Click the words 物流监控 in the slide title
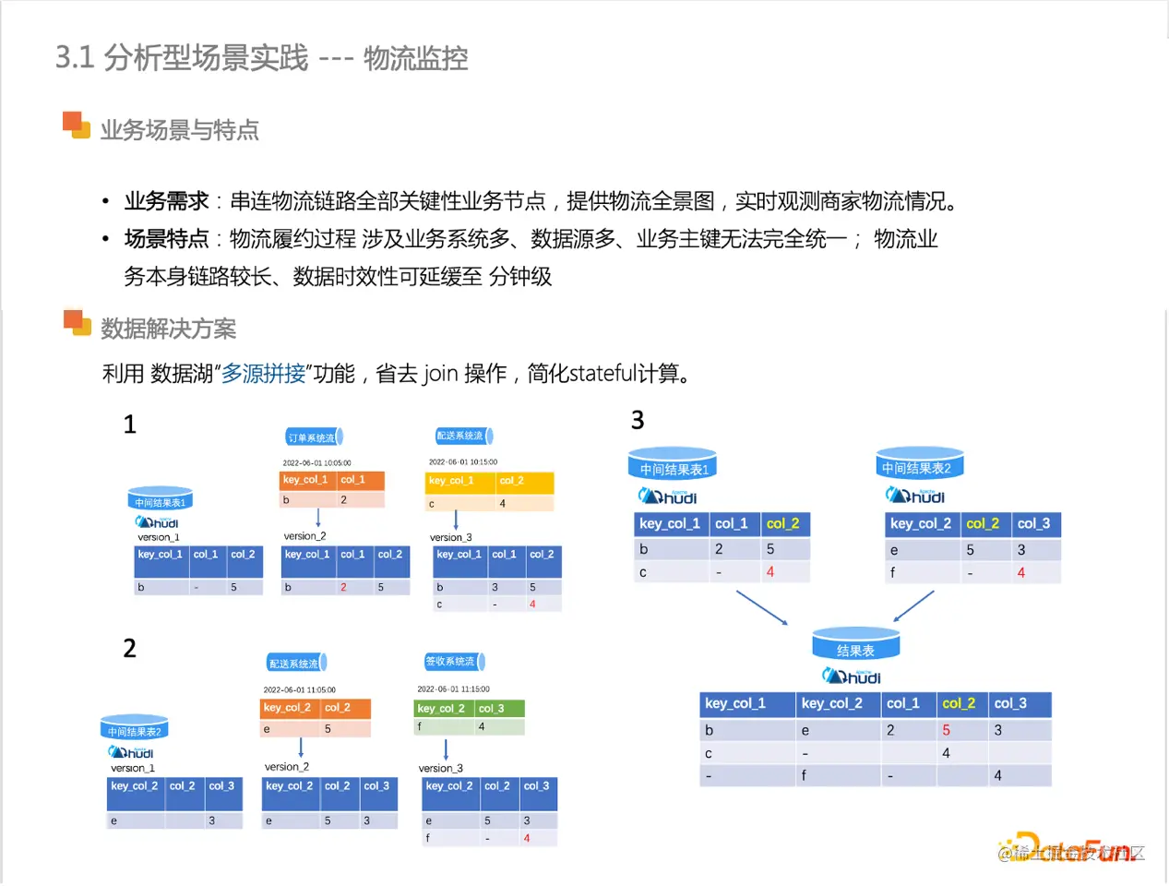[415, 58]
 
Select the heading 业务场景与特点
[179, 130]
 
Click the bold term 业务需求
[167, 201]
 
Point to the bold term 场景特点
[167, 239]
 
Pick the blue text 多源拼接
[263, 374]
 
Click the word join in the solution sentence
[440, 374]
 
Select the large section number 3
[638, 421]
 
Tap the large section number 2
[130, 648]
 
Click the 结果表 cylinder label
[855, 651]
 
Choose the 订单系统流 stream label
[312, 437]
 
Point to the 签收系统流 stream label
[450, 662]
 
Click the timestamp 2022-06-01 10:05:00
[316, 463]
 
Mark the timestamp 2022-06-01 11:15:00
[453, 689]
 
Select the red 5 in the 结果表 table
[946, 730]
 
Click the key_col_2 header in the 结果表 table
[832, 703]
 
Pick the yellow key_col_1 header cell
[451, 481]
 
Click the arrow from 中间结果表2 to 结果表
[913, 606]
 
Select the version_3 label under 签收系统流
[441, 768]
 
